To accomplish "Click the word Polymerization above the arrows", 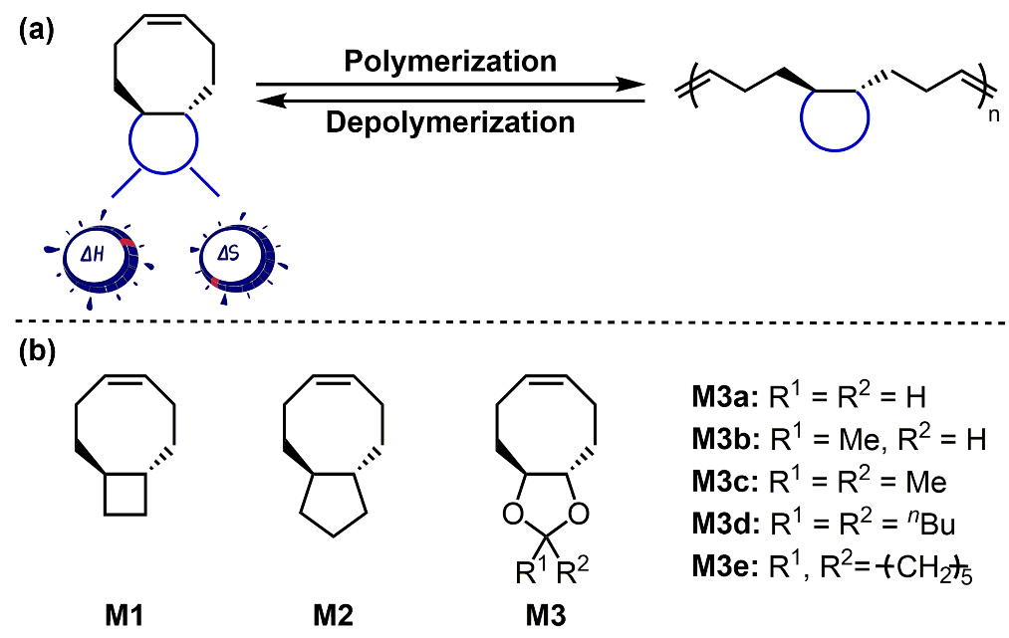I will [450, 62].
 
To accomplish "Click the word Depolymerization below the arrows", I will [450, 122].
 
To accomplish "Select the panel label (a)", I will [38, 29].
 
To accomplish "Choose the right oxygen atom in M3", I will [582, 516].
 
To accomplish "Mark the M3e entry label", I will [723, 566].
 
